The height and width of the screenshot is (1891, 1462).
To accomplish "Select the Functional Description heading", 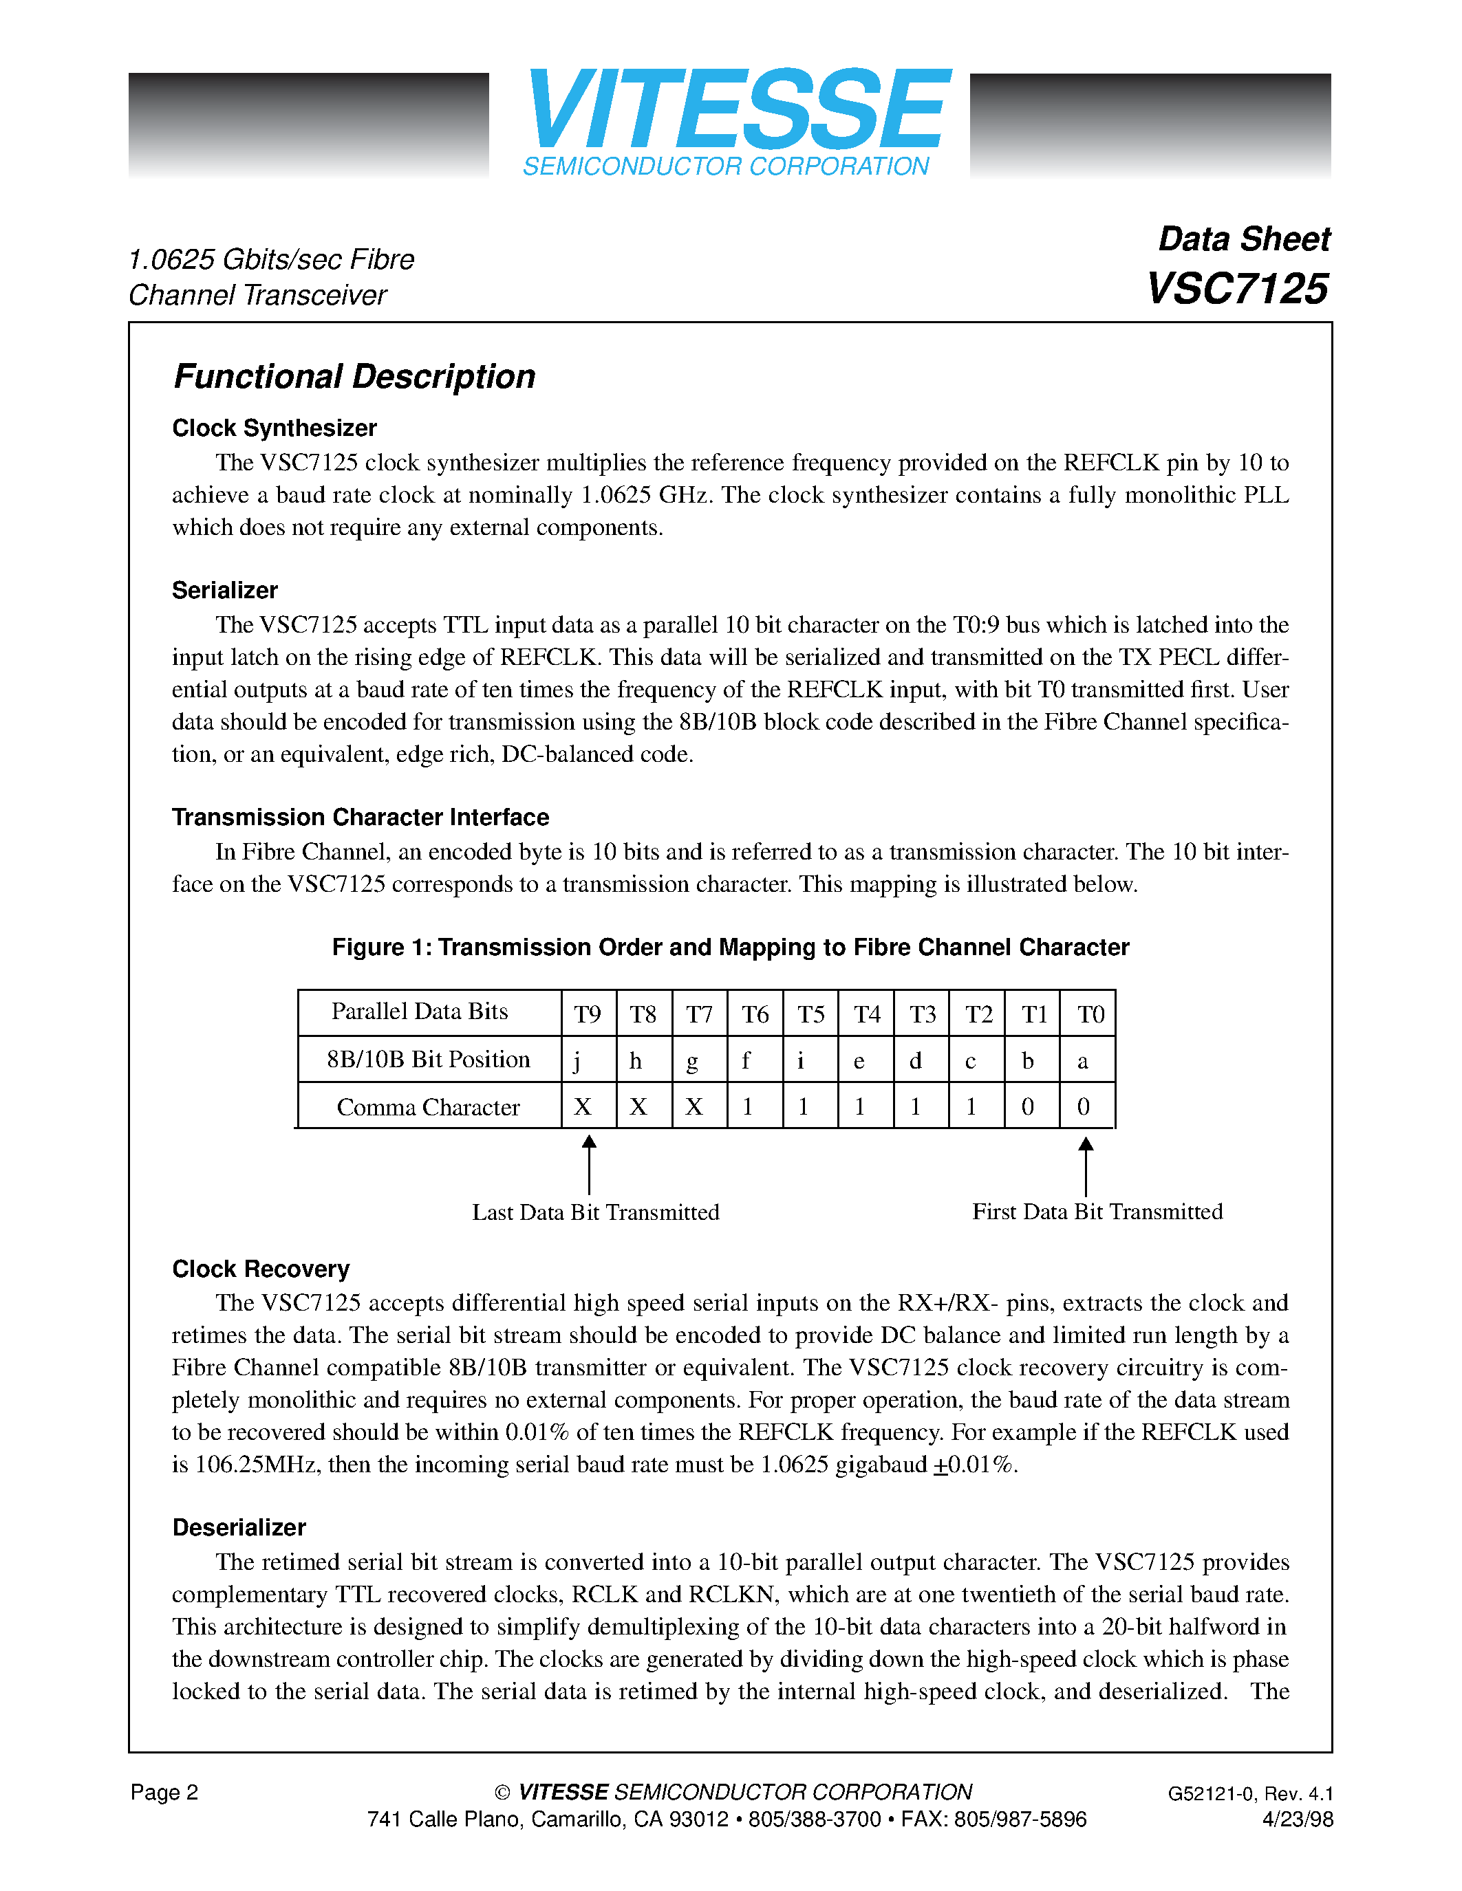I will click(x=354, y=377).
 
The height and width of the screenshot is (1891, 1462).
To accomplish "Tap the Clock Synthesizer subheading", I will click(x=274, y=428).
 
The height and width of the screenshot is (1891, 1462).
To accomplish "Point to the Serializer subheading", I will click(x=224, y=591).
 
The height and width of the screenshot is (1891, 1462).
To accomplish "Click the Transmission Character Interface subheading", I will click(x=361, y=818).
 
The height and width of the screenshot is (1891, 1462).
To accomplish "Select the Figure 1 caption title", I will click(x=730, y=948).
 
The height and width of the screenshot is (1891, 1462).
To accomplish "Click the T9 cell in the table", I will click(x=588, y=1014).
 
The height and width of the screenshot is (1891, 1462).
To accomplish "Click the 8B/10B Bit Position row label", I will click(x=428, y=1060).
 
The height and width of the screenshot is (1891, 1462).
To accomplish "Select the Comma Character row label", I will click(x=428, y=1107).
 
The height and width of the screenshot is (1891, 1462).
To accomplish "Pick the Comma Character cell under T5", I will click(x=804, y=1107).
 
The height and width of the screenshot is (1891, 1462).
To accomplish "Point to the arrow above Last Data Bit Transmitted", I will click(x=589, y=1165).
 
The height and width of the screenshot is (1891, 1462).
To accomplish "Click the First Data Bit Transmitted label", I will click(x=1097, y=1212).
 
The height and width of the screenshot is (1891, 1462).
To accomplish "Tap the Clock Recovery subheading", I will click(x=261, y=1269).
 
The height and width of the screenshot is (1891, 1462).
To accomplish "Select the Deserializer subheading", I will click(x=239, y=1528).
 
